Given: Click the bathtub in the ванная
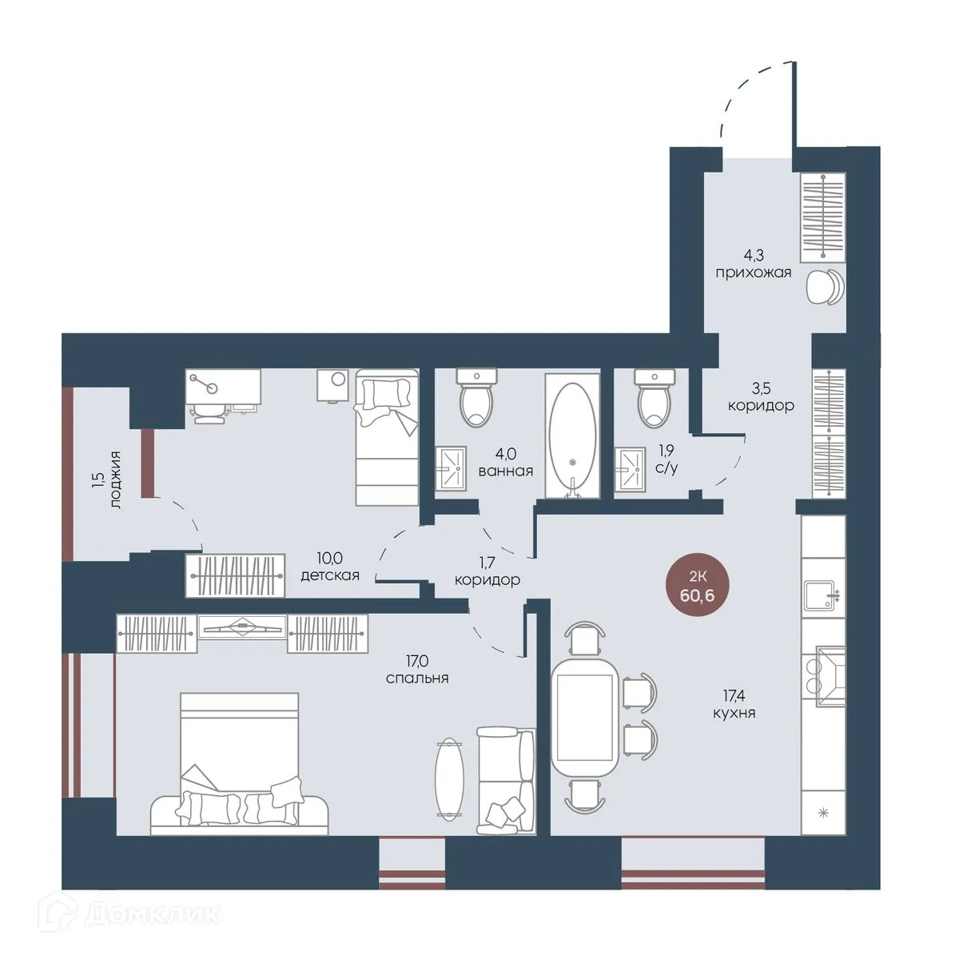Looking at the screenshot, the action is (x=572, y=436).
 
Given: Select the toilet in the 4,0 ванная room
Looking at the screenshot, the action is (x=476, y=398).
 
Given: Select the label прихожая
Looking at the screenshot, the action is (x=754, y=273).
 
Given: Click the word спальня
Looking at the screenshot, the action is (x=417, y=678).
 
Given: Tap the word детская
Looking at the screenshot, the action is (x=330, y=575).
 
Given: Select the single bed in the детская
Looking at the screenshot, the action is (x=387, y=437).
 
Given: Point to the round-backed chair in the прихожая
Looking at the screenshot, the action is (x=824, y=285).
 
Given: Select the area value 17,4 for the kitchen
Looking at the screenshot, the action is (x=734, y=694).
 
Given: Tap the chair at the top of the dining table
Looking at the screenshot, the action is (x=585, y=638).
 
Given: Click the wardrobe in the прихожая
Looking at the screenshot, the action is (x=822, y=217).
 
